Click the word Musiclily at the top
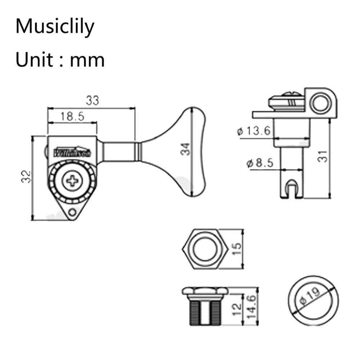[55, 27]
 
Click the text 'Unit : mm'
[60, 60]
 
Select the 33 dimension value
[92, 101]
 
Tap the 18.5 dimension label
[72, 116]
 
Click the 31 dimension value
[324, 156]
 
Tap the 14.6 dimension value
[252, 306]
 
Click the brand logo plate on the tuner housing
[72, 152]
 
